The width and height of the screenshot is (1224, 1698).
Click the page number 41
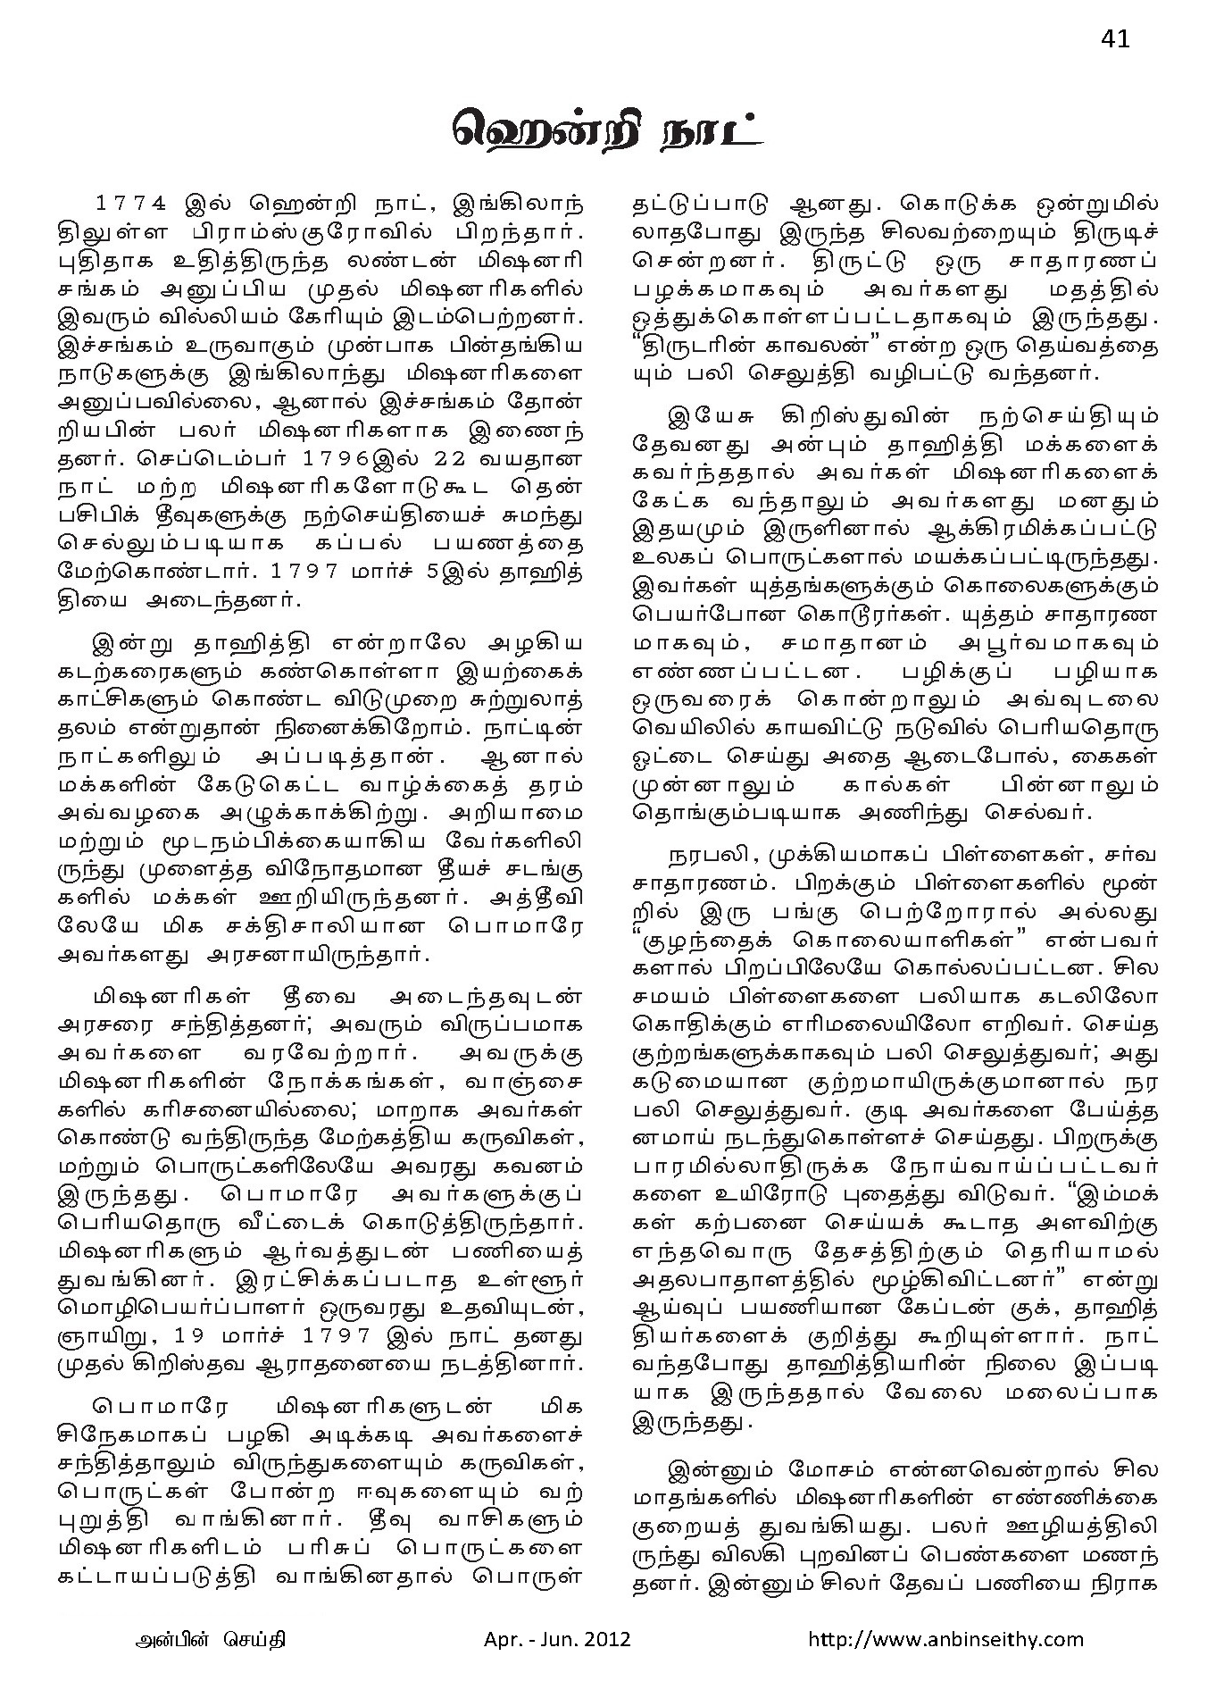coord(1115,39)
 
